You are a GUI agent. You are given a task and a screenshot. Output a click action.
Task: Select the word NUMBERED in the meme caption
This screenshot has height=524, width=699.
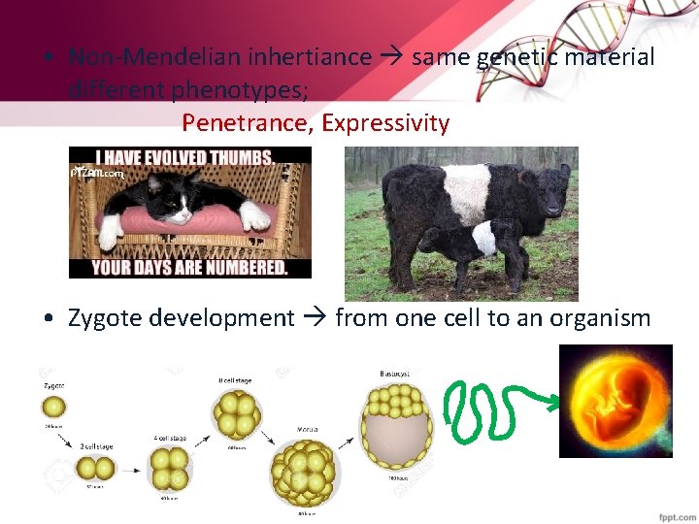click(239, 267)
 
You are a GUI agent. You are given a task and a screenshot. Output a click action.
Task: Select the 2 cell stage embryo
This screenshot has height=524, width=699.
click(89, 471)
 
